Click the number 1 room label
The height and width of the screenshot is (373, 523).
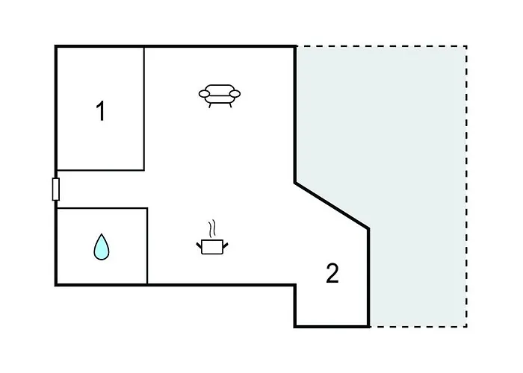[x=100, y=111]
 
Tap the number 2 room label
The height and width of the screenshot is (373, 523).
[x=332, y=273]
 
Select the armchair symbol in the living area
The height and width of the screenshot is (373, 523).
[x=219, y=96]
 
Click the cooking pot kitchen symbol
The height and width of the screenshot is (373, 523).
[x=212, y=247]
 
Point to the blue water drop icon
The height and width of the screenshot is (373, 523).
[x=102, y=247]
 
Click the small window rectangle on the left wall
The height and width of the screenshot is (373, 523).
[x=56, y=189]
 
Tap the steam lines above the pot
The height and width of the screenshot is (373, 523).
[x=211, y=228]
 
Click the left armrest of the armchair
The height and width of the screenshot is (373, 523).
[x=204, y=94]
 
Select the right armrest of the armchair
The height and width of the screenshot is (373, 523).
[x=235, y=94]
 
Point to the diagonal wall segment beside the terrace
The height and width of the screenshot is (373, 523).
[x=332, y=205]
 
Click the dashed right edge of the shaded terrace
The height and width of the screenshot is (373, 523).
[x=466, y=186]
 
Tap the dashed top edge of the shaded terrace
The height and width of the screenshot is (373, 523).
[x=381, y=46]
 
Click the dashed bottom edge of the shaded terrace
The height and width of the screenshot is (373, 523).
[x=418, y=327]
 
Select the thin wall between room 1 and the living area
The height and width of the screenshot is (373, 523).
[x=144, y=109]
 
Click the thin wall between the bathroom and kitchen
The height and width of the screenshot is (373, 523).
[x=147, y=246]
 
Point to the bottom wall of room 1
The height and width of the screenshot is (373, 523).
[x=100, y=170]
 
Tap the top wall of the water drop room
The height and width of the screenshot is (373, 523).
[x=102, y=208]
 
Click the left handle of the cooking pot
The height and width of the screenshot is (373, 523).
[x=199, y=245]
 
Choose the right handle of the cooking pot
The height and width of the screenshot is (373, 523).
[x=226, y=245]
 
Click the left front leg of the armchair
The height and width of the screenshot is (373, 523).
[x=210, y=105]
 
